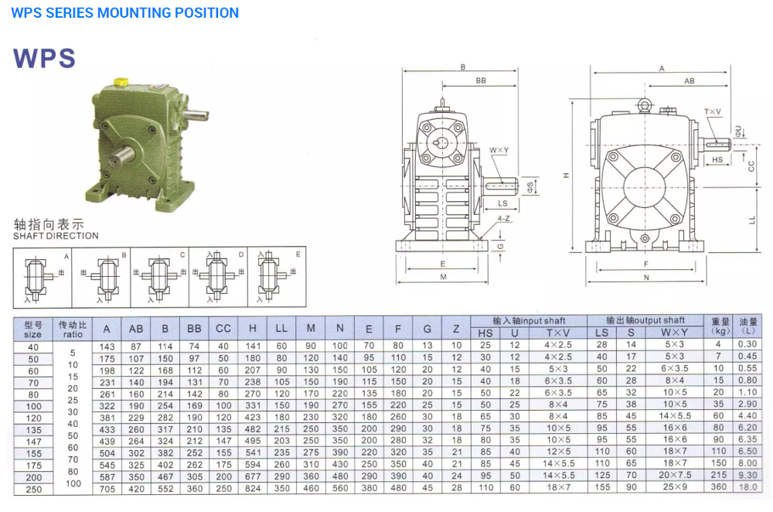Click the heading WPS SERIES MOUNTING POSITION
coord(125,13)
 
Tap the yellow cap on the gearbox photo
coord(121,80)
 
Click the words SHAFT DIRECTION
coord(56,236)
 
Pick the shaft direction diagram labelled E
coord(276,276)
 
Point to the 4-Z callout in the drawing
coord(503,219)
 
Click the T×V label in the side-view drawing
coord(712,112)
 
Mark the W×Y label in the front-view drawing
coord(499,150)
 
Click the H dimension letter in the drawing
coord(566,176)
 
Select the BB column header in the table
coord(194,329)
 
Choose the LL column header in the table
coord(281,329)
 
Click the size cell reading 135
coord(32,428)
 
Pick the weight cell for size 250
coord(719,487)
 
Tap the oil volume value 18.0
coord(747,487)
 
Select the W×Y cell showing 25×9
coord(674,487)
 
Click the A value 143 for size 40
coord(107,346)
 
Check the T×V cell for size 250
coord(557,487)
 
